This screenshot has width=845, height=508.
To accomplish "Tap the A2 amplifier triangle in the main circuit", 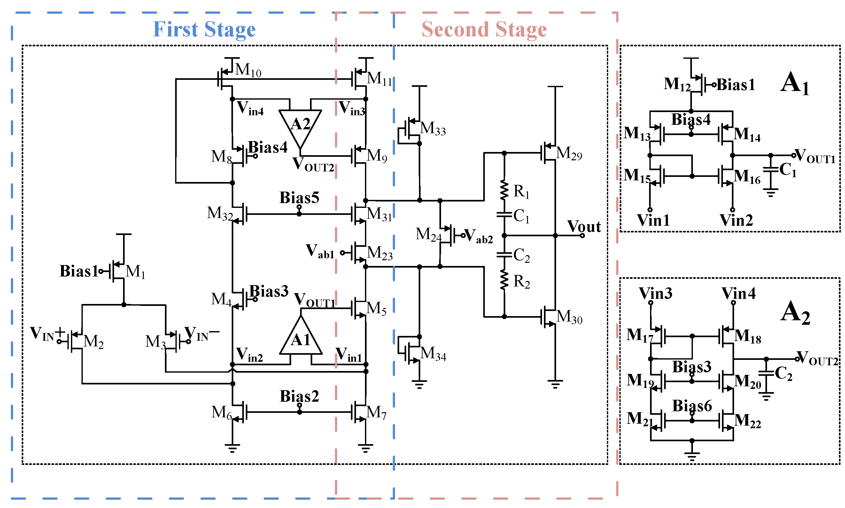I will coord(300,125).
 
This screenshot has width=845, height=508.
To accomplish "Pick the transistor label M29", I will coord(569,153).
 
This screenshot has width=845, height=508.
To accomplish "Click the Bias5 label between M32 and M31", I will coord(299,198).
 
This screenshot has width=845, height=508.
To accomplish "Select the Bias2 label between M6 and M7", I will coord(299,396).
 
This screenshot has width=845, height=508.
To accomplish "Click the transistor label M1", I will coord(135,272).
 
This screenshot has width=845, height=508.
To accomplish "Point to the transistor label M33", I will coord(433,129).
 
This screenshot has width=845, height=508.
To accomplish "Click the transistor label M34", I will coord(433,353).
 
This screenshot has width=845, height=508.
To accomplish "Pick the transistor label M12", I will coord(677,84).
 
